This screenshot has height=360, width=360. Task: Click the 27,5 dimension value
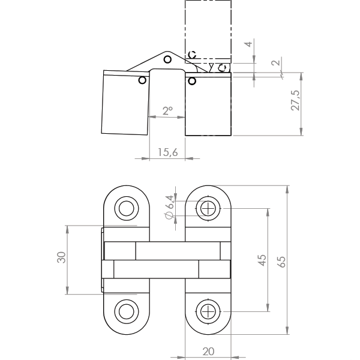tap(295, 101)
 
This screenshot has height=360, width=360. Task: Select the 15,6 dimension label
tap(167, 152)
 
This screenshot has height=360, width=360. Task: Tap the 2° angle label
tap(167, 110)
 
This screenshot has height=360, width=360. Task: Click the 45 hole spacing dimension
tap(262, 260)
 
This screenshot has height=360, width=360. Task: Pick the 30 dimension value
tap(61, 257)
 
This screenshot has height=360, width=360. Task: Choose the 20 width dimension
tap(208, 352)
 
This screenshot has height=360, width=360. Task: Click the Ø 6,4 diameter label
tap(169, 207)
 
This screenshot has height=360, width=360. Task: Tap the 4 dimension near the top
tap(248, 44)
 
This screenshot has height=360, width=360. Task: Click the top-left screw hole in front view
tap(126, 208)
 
